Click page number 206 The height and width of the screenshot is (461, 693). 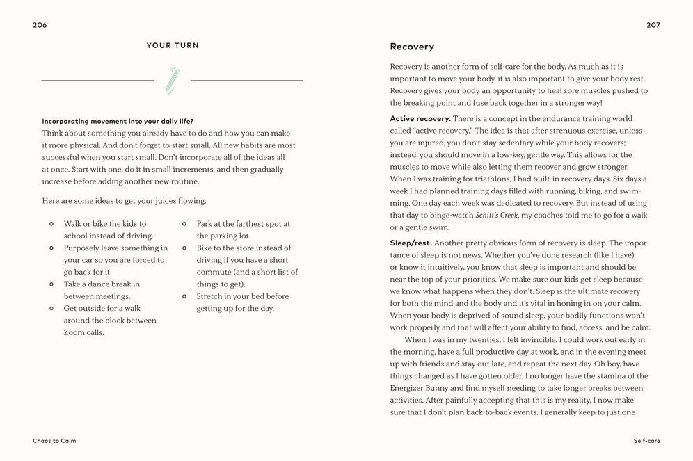click(40, 25)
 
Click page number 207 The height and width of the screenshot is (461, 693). click(653, 25)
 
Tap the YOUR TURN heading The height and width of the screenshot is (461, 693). click(173, 45)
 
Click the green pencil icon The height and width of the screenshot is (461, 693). click(173, 80)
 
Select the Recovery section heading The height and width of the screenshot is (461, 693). click(412, 47)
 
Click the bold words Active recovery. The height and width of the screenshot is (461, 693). click(420, 118)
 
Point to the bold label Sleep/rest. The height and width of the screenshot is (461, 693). click(411, 243)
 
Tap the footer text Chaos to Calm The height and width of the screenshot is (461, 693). click(54, 441)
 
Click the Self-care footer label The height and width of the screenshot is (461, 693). click(646, 441)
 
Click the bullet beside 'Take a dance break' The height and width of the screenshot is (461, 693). click(51, 284)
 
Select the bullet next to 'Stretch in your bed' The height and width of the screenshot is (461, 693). click(184, 296)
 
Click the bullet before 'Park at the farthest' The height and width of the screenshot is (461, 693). click(184, 224)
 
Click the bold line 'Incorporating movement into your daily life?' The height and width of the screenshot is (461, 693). click(118, 121)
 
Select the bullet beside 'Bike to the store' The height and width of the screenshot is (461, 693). click(184, 248)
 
